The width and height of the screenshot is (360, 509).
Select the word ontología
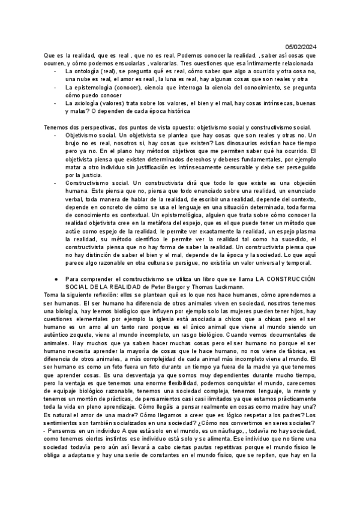(x=86, y=71)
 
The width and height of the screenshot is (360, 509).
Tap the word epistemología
(x=97, y=87)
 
